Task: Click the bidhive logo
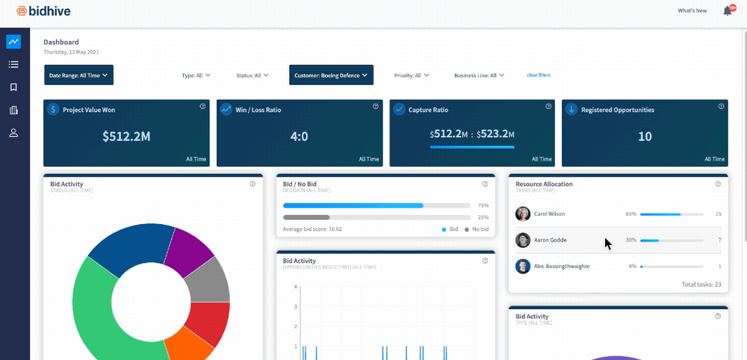point(35,11)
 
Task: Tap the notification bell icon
point(728,11)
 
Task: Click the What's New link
point(692,11)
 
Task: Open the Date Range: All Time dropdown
point(78,75)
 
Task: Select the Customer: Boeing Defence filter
point(331,75)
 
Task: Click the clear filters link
point(539,75)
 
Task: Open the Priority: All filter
point(412,75)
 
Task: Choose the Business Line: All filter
point(479,75)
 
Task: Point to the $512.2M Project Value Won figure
point(126,137)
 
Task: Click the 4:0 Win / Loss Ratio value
point(299,137)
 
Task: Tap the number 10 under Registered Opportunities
point(644,137)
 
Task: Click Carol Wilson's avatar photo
point(523,214)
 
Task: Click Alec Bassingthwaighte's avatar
point(523,267)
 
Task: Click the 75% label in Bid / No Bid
point(483,205)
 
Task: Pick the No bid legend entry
point(479,229)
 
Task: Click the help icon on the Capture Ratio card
point(548,107)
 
